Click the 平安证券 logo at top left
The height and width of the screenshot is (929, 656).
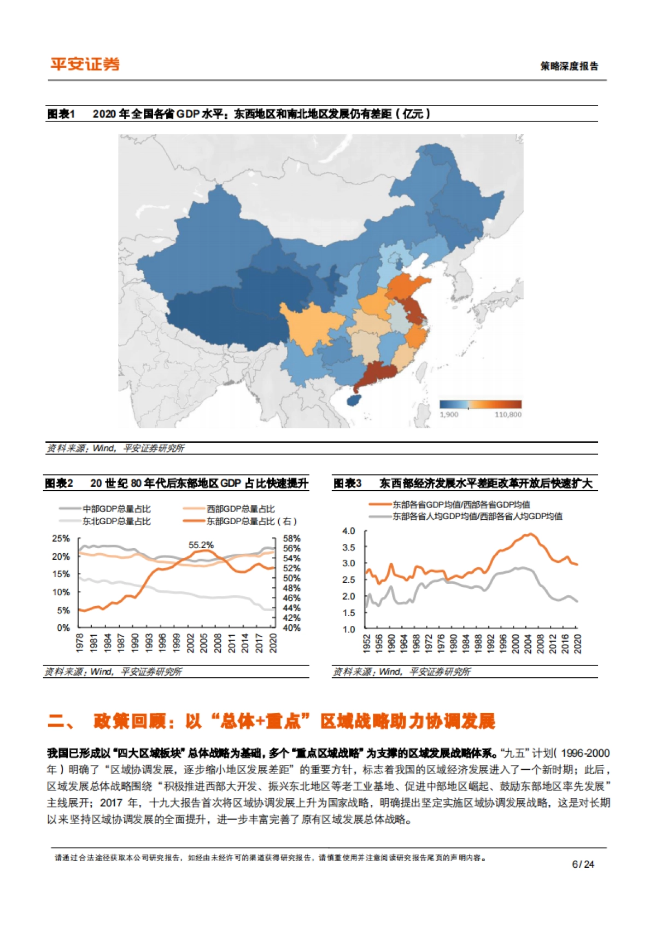85,64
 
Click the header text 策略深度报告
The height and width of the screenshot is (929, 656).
569,66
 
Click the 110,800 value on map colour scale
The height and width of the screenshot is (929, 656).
507,415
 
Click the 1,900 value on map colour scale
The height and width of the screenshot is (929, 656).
449,415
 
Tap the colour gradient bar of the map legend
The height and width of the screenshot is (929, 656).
481,404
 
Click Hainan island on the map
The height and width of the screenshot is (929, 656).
354,400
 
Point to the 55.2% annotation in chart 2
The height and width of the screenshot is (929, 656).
201,545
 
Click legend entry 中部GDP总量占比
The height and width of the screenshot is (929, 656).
116,509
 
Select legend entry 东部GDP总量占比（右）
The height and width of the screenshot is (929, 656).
251,521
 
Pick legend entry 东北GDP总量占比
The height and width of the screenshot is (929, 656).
116,521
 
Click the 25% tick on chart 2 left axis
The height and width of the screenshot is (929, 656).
61,538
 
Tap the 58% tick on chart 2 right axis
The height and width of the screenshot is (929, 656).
291,538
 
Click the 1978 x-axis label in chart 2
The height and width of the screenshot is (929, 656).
80,643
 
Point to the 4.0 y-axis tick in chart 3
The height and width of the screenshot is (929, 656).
348,531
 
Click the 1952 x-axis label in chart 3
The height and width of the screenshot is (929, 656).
366,643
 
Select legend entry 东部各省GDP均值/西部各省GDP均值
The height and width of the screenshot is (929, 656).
461,504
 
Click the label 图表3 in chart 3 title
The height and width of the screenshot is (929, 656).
347,483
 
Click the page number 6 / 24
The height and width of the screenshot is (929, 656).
582,864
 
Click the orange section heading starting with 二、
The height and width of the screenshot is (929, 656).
271,721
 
